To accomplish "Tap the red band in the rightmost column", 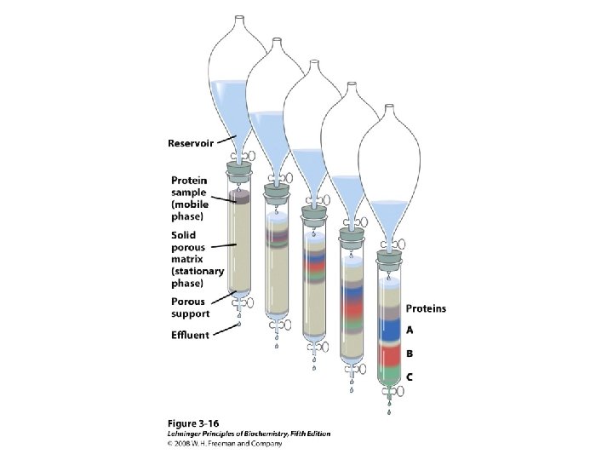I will click(x=392, y=355).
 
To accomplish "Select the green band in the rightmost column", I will click(x=392, y=374).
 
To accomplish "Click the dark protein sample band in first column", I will click(x=238, y=198).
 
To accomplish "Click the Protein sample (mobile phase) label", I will click(x=195, y=198).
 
